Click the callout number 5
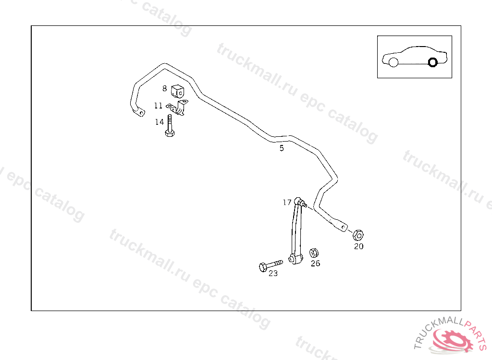[x=282, y=148]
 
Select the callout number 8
[x=164, y=88]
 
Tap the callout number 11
[x=158, y=106]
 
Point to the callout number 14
[x=160, y=122]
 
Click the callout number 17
[x=287, y=203]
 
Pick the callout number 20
[x=358, y=247]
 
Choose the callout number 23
[x=273, y=274]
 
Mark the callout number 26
[x=315, y=263]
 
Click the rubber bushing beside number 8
[x=178, y=90]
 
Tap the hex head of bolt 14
[x=170, y=133]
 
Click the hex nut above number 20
[x=357, y=235]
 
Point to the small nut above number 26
[x=314, y=252]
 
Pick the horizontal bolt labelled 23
[x=270, y=265]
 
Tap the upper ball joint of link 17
[x=298, y=201]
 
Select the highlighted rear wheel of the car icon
[x=432, y=62]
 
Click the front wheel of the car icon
[x=393, y=62]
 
